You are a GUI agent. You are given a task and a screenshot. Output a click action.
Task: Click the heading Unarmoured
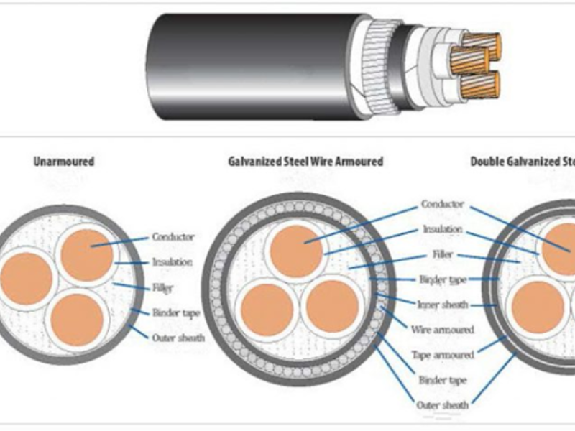63,162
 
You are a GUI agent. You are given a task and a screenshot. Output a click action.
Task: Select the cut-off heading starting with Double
523,162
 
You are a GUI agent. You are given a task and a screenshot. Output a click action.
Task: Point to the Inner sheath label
443,305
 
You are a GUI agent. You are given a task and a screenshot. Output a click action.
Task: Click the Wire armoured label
443,330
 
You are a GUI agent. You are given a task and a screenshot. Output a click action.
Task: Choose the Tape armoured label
443,355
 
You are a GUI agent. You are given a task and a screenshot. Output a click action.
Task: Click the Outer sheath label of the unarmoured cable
178,337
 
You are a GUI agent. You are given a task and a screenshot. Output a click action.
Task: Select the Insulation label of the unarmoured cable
172,262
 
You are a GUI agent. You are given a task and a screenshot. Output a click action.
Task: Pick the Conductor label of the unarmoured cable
173,237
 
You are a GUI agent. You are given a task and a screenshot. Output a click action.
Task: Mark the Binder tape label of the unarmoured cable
176,312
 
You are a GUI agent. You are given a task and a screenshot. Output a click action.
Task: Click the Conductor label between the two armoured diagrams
443,205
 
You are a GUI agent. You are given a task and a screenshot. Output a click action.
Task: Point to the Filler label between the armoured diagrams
443,254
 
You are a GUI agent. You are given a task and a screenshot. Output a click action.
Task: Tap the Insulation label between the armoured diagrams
443,229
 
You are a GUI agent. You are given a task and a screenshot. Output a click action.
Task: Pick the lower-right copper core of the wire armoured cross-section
331,306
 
